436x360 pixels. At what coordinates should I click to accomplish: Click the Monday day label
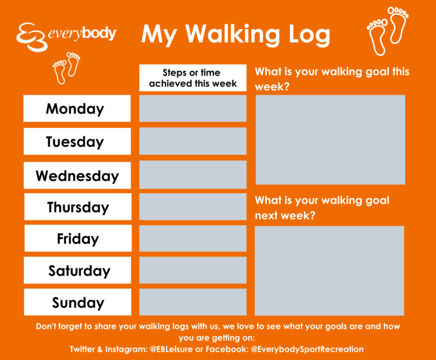click(77, 108)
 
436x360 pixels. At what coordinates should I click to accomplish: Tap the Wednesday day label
click(77, 175)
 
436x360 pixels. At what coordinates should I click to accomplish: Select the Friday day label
click(78, 238)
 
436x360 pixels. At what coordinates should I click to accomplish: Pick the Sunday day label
click(77, 302)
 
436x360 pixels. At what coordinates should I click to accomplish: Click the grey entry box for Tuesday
click(192, 141)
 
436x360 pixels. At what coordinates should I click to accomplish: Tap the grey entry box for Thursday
click(192, 206)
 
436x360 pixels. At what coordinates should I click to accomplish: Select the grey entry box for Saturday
click(192, 270)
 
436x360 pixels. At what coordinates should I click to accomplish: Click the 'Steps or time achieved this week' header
click(192, 78)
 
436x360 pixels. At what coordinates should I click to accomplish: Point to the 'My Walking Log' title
click(236, 34)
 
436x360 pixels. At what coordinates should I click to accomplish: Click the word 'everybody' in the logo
click(82, 34)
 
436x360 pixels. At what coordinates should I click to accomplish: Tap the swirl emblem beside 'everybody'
click(31, 37)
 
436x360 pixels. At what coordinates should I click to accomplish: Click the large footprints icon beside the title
click(388, 31)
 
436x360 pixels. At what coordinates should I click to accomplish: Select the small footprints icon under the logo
click(66, 67)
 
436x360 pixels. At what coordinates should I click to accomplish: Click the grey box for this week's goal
click(330, 140)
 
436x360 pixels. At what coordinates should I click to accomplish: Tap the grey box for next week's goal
click(329, 270)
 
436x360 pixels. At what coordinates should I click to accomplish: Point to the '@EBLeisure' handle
click(171, 349)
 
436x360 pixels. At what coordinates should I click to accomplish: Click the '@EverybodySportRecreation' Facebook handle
click(307, 349)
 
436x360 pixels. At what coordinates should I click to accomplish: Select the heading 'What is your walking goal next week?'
click(322, 208)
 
